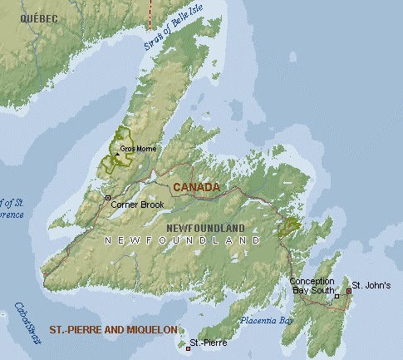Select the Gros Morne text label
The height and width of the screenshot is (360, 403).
click(138, 149)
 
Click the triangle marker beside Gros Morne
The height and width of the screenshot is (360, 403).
click(117, 152)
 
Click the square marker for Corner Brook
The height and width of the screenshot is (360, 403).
click(108, 197)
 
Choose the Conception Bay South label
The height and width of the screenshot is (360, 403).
click(312, 286)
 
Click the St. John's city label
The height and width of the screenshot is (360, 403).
click(371, 285)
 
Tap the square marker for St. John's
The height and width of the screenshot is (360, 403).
click(348, 287)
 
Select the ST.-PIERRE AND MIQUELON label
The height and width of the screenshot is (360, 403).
click(113, 330)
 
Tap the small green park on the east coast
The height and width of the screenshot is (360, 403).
click(292, 224)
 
